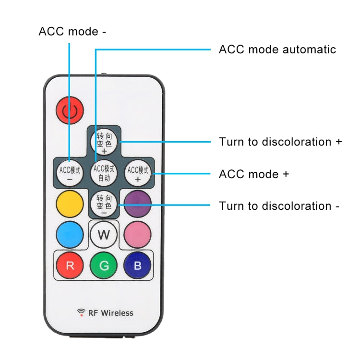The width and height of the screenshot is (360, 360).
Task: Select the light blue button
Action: (x=70, y=235)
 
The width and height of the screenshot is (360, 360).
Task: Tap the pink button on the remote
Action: (x=138, y=235)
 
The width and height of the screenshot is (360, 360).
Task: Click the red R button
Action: (x=70, y=265)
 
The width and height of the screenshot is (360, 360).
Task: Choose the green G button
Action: (x=104, y=265)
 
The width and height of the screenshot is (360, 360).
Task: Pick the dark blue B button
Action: (x=138, y=265)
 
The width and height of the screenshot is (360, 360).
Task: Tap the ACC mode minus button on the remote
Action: (x=70, y=173)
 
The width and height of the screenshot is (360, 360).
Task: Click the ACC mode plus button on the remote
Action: (x=138, y=173)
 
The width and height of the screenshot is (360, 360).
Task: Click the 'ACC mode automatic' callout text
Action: (x=277, y=49)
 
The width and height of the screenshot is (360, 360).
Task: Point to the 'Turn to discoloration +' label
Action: (x=280, y=142)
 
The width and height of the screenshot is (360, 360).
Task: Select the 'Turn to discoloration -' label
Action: (x=279, y=206)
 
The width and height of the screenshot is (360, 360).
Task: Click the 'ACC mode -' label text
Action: (x=72, y=32)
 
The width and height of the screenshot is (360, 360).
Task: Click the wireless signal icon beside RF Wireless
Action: (x=81, y=312)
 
